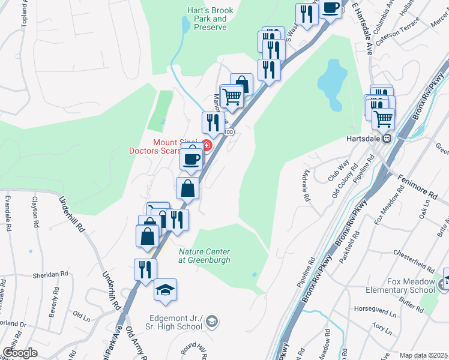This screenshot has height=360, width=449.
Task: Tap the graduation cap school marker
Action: [x=165, y=290]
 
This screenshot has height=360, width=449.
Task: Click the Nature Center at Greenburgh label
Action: [x=205, y=256]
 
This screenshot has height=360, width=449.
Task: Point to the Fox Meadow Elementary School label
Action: [x=402, y=286]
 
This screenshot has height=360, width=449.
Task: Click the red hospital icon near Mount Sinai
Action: [x=206, y=145]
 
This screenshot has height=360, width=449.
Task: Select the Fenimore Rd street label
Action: [x=421, y=187]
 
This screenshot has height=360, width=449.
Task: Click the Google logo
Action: [x=20, y=353]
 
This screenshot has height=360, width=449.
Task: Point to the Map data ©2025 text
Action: [x=424, y=355]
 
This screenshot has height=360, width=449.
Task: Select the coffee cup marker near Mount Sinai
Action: [x=191, y=159]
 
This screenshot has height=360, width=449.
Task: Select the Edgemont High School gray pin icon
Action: [x=212, y=322]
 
